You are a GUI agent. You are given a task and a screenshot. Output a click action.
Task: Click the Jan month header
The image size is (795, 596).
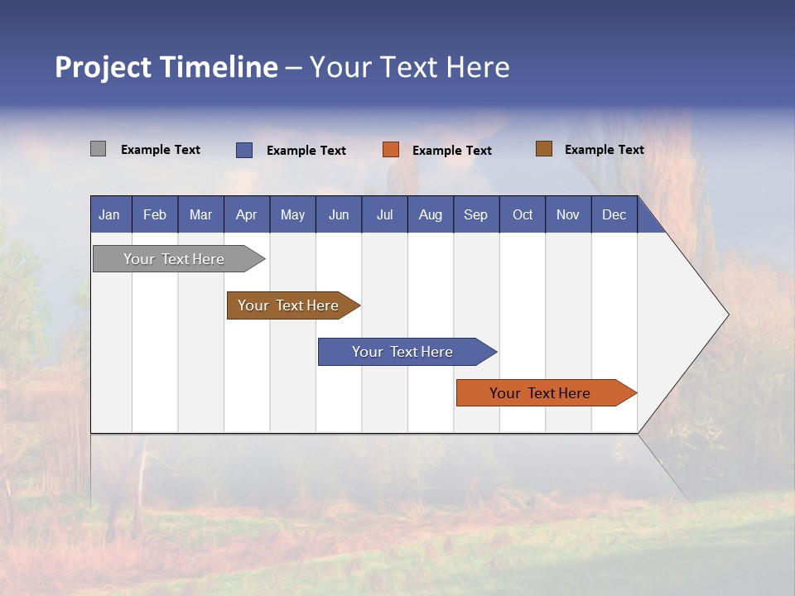[x=109, y=215]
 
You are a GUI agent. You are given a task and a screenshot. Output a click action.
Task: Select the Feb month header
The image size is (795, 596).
[x=155, y=215]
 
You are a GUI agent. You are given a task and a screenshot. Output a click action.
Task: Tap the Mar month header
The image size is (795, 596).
[x=200, y=215]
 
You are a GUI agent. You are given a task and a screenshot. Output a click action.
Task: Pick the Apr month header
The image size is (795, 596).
[x=247, y=215]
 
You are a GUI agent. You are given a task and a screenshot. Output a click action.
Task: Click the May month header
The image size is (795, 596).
[x=292, y=215]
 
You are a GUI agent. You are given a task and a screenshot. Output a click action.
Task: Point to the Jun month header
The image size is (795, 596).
[x=339, y=215]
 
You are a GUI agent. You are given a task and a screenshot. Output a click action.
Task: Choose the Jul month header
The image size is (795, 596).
[x=384, y=215]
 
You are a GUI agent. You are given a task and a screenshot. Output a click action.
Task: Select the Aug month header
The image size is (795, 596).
[x=431, y=215]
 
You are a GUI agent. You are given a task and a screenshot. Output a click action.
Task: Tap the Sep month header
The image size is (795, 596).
[x=476, y=215]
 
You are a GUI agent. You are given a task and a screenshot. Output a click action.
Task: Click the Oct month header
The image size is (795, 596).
[x=523, y=215]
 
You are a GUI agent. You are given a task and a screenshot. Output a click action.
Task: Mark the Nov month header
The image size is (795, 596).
[x=568, y=215]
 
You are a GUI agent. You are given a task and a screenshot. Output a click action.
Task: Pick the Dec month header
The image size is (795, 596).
[x=614, y=215]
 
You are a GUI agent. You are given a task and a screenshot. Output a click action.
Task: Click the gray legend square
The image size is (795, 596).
[x=99, y=149]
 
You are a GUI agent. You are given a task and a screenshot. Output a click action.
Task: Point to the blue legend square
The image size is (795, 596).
[x=244, y=150]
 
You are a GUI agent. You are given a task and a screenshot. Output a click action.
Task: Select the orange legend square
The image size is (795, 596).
[x=391, y=150]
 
